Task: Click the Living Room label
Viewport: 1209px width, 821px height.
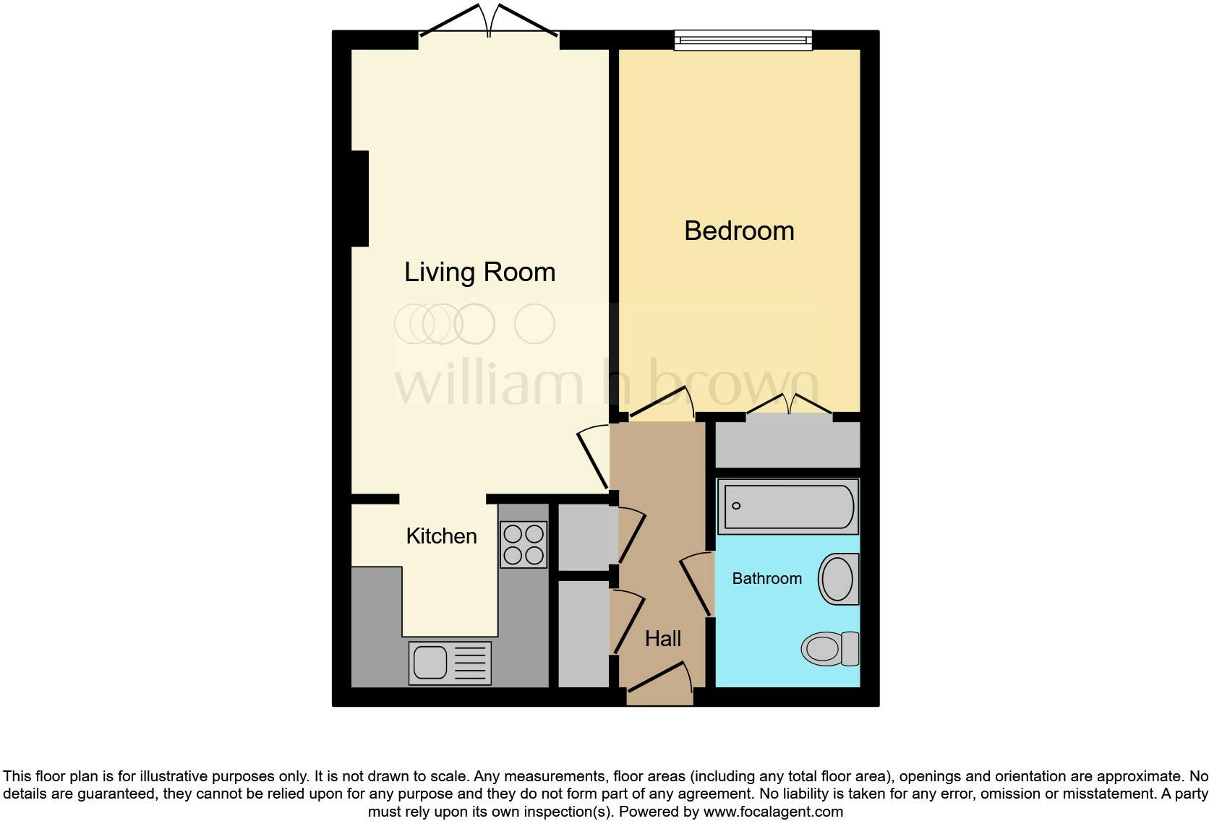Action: coord(479,272)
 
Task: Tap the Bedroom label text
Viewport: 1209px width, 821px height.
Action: coord(738,231)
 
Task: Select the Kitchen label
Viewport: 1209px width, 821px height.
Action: coord(441,536)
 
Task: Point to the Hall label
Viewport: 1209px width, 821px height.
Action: coord(662,639)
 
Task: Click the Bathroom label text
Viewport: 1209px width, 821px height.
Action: coord(766,579)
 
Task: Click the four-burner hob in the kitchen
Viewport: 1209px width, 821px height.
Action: coord(524,544)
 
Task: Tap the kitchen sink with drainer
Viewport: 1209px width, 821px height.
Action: coord(450,663)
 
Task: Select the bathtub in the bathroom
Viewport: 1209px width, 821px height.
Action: coord(787,506)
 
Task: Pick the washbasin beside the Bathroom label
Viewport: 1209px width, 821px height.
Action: coord(839,579)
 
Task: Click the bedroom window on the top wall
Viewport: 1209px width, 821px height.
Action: coord(743,40)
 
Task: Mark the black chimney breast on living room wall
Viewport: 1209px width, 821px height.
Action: coord(360,198)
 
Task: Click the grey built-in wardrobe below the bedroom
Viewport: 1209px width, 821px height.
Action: coord(787,444)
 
